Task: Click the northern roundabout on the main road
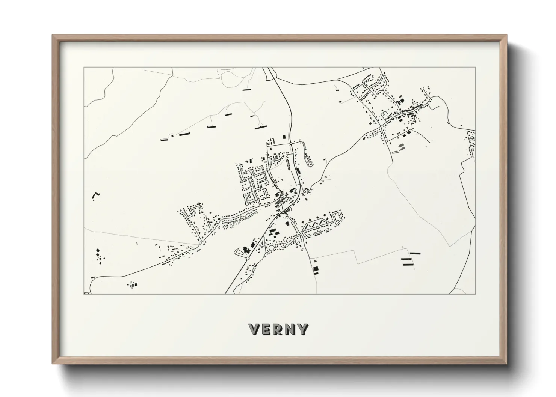tap(291, 144)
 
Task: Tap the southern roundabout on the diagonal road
tap(247, 259)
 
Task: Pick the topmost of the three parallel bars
tap(415, 254)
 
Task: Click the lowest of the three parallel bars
tap(408, 265)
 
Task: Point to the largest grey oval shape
tap(401, 146)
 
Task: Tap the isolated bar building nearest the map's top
tap(246, 90)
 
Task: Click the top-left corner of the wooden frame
tap(53, 35)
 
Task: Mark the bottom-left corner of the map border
tap(84, 294)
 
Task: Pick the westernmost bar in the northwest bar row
tap(164, 140)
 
